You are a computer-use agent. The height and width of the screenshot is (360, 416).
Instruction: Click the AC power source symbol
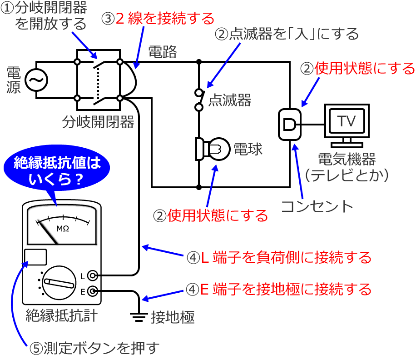coord(35,80)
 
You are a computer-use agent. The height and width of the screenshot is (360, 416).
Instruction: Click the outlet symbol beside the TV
coord(289,124)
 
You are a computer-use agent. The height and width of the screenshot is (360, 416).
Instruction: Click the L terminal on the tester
coord(92,276)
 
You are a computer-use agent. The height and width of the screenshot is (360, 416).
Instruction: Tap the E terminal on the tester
coord(92,291)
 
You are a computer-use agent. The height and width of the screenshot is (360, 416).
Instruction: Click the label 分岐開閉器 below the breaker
coord(99,121)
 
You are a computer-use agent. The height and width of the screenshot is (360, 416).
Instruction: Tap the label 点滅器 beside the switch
coord(229,100)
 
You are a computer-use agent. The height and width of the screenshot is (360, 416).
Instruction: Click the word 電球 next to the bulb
coord(248,149)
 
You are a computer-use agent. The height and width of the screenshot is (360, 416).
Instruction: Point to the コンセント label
coord(317,206)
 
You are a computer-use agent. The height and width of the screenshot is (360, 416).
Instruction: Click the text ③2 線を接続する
coord(158,19)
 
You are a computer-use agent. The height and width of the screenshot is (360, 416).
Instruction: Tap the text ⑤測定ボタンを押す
coord(95,348)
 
